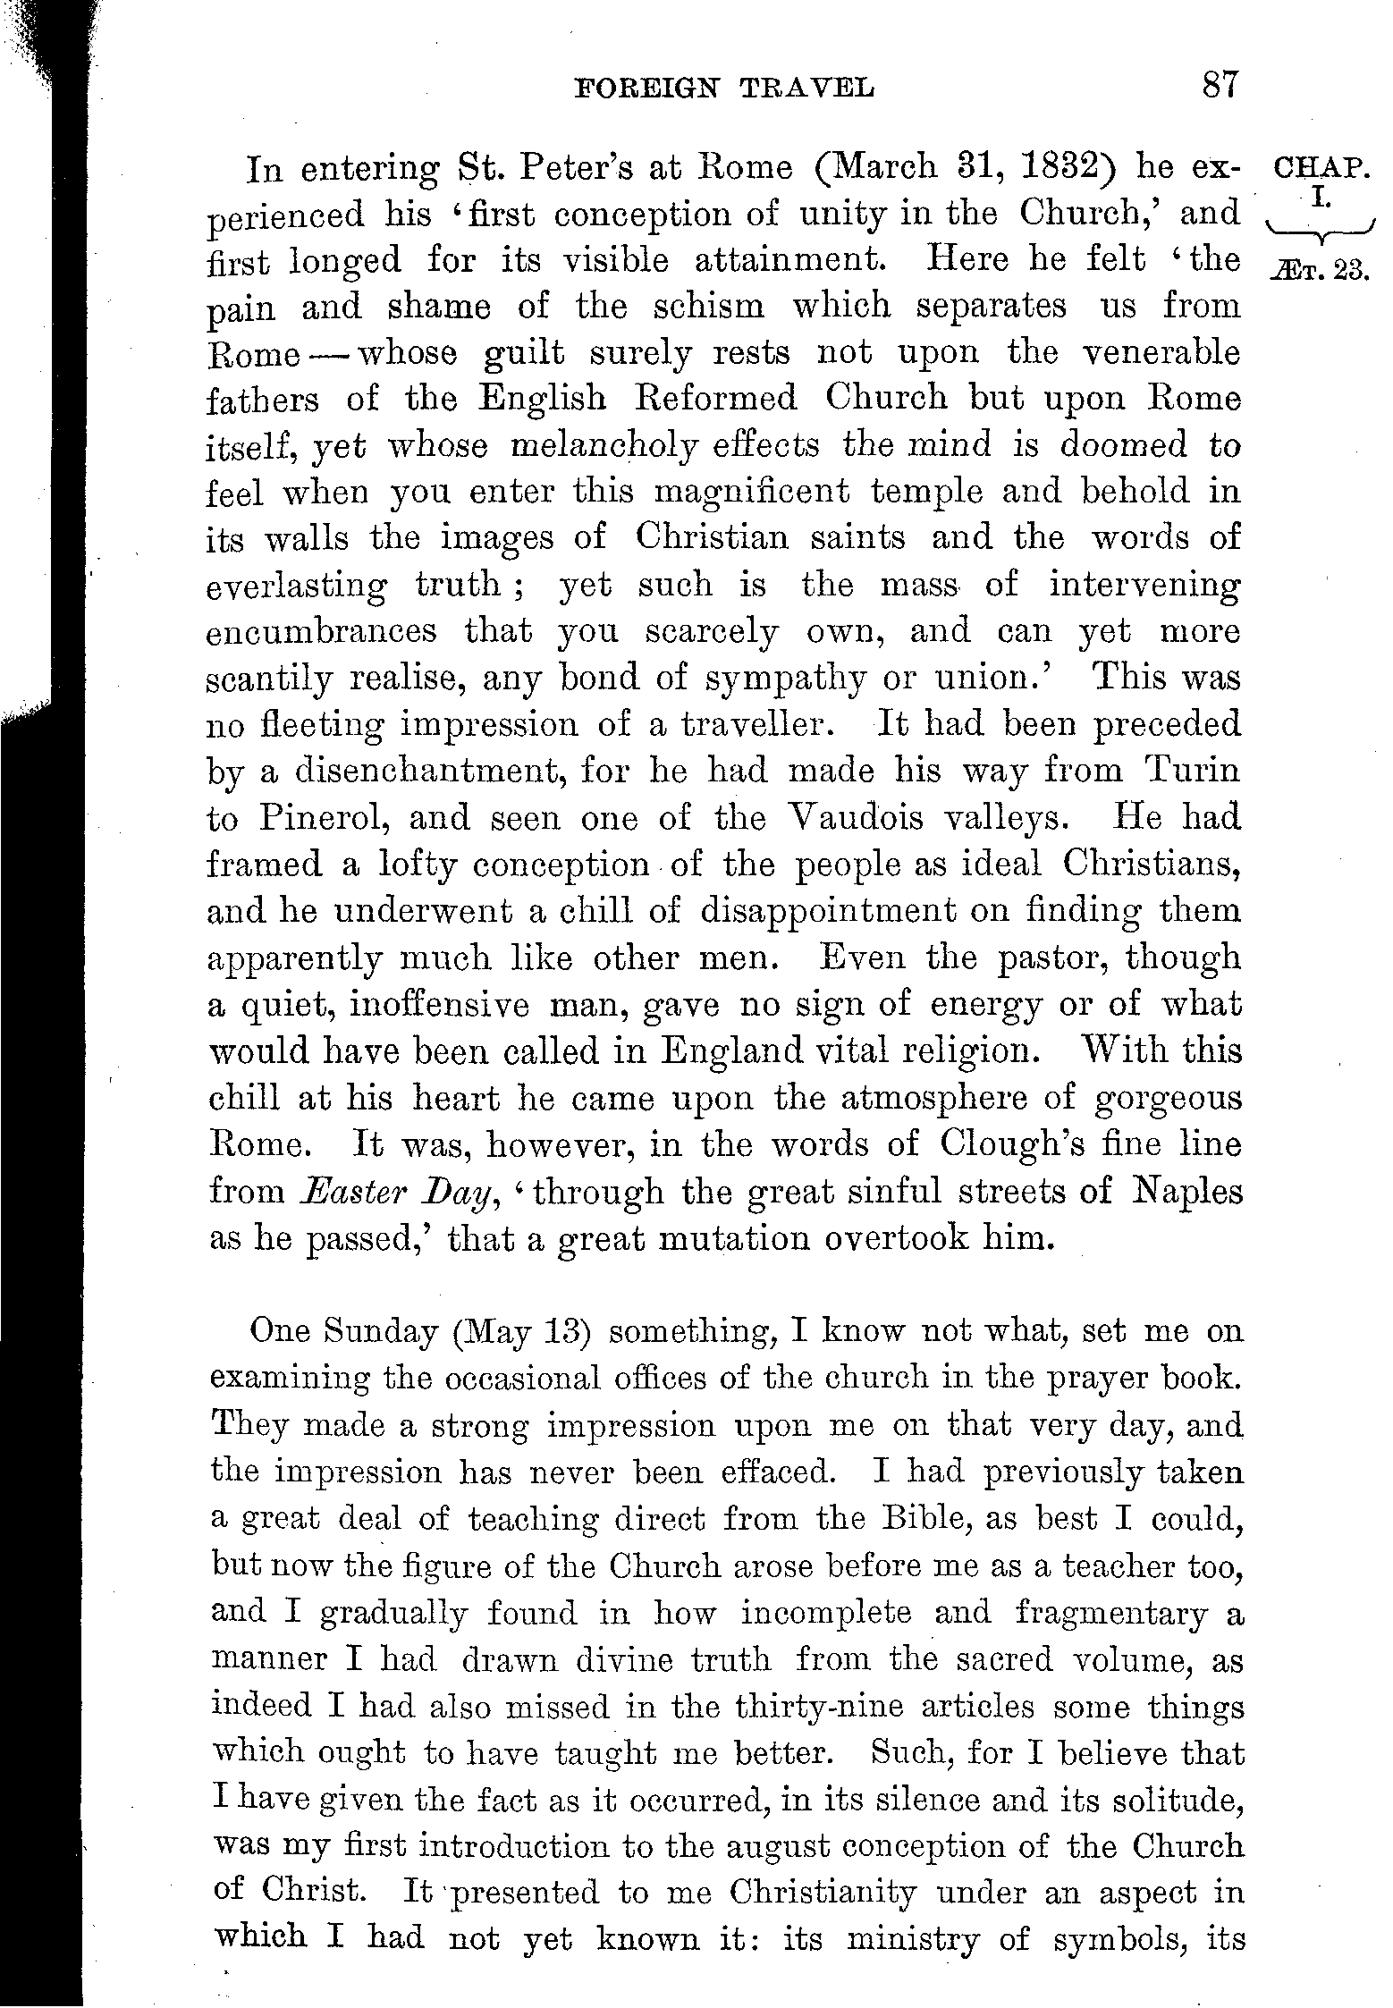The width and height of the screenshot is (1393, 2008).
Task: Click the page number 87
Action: (x=1219, y=86)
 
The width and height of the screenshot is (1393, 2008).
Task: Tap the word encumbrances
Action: (x=322, y=632)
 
